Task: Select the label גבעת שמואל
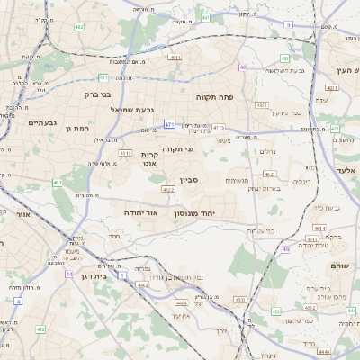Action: point(110,109)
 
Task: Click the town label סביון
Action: point(189,180)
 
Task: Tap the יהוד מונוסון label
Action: point(198,211)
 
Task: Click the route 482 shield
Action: point(79,28)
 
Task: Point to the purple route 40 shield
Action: point(242,67)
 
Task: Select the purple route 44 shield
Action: point(67,274)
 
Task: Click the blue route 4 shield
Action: point(18,301)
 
